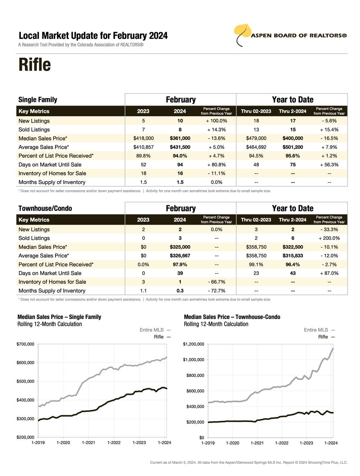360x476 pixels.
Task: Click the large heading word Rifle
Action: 35,65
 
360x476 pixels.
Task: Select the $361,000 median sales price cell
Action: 180,138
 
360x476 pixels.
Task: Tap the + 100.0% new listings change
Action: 216,121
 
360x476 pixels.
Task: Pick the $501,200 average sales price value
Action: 293,147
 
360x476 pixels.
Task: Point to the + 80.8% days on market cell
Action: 216,165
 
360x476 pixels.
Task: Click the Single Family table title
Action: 38,100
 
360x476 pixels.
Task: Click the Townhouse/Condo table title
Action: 45,208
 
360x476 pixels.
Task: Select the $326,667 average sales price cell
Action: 180,256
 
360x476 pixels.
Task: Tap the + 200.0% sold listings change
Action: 329,238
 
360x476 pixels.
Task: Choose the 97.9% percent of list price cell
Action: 180,264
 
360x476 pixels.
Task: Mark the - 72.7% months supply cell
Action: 216,291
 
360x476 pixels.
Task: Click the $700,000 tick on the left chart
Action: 25,344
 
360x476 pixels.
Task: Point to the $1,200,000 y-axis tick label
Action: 193,344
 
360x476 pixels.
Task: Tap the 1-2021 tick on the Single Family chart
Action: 89,443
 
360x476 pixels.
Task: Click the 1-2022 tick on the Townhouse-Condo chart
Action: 282,443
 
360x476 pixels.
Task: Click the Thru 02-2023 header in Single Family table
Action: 256,111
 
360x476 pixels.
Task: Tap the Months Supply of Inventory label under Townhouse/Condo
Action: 52,291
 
